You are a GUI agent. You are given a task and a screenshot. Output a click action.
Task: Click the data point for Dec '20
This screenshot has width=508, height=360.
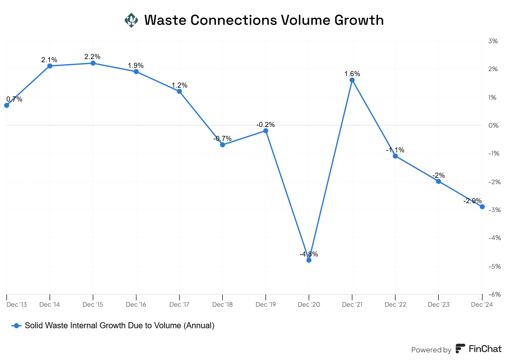coord(309,260)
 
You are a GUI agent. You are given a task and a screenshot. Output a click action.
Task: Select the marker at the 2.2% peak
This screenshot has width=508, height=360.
coord(93,63)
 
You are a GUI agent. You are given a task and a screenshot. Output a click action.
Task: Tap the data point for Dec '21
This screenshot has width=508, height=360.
coord(352,80)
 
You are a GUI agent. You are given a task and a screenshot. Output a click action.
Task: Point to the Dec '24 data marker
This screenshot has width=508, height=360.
coord(482,207)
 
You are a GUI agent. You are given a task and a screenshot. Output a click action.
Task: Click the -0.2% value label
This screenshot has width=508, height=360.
coord(265,125)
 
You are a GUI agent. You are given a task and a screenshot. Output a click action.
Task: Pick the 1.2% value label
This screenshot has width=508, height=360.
coord(179,85)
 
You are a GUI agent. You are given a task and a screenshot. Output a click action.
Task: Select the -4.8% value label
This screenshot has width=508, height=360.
coord(309,254)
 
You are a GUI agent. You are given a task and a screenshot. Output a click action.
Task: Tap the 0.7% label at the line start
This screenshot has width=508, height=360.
coord(14,99)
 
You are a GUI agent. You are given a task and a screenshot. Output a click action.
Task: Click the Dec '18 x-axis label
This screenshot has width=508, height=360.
coord(222,304)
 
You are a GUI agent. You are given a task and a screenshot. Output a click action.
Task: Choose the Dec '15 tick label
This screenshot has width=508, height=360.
coord(93,304)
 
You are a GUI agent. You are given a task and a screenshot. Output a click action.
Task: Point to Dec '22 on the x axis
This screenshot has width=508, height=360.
coord(395,304)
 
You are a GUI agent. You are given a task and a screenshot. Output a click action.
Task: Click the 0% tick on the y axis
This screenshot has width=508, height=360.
coord(493,125)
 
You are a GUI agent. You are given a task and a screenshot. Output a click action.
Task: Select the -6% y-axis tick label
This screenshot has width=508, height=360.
coord(494,294)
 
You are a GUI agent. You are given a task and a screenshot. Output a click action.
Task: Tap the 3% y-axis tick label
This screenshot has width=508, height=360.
coord(493,41)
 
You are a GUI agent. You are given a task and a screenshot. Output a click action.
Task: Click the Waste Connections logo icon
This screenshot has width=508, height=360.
coord(131,20)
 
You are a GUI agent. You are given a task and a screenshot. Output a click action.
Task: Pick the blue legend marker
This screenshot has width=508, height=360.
coord(17,326)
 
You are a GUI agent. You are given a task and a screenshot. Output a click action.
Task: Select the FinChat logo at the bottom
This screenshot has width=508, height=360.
coord(478,349)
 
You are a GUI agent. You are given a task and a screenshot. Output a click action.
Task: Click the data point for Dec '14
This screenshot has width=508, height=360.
coord(50,66)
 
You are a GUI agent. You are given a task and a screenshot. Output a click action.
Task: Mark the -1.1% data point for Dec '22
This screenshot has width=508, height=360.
coord(395,156)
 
